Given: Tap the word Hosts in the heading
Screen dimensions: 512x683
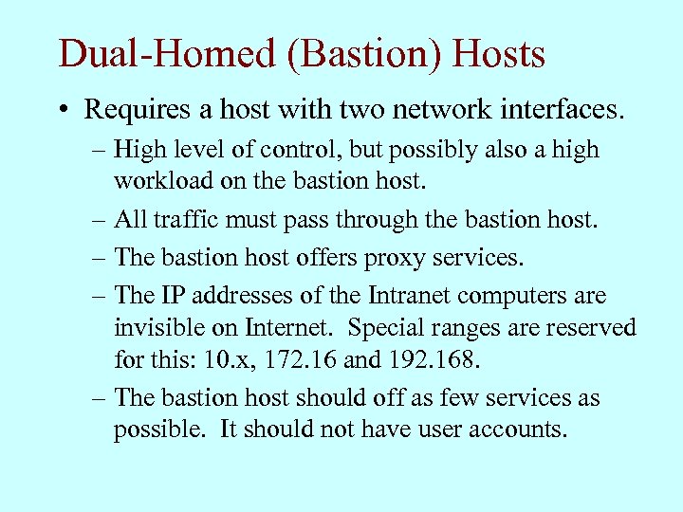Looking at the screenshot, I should click(x=500, y=54).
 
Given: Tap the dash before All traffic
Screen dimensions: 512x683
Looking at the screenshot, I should click(x=99, y=220).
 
